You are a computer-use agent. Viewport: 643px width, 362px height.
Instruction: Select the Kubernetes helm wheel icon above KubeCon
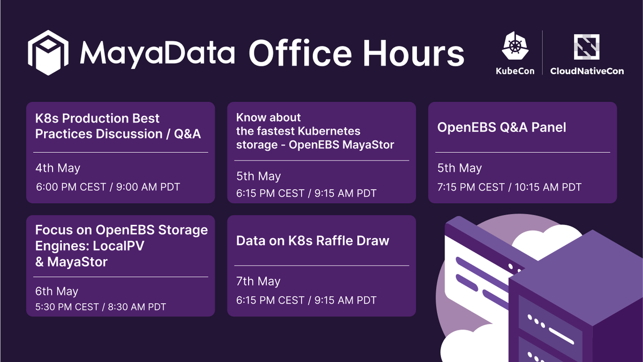pyautogui.click(x=514, y=45)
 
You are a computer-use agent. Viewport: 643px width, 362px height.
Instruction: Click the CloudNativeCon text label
pyautogui.click(x=587, y=71)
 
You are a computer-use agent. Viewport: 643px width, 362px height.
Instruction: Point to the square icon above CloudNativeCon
pyautogui.click(x=586, y=46)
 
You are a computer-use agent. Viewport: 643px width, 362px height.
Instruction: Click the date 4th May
pyautogui.click(x=58, y=168)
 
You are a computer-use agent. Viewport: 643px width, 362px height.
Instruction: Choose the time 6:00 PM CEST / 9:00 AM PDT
pyautogui.click(x=108, y=187)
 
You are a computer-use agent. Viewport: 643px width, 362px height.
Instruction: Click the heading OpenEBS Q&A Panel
pyautogui.click(x=502, y=127)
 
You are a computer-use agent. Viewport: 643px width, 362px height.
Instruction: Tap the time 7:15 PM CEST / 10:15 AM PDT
pyautogui.click(x=509, y=187)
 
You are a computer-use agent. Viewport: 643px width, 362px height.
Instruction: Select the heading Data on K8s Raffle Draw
pyautogui.click(x=312, y=241)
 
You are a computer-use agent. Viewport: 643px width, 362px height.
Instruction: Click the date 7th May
pyautogui.click(x=258, y=281)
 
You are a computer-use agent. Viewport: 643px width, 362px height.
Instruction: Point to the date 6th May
pyautogui.click(x=57, y=291)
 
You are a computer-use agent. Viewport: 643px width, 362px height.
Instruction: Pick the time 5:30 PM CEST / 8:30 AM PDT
pyautogui.click(x=101, y=307)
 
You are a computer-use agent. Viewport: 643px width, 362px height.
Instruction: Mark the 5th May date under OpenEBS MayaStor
pyautogui.click(x=258, y=176)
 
